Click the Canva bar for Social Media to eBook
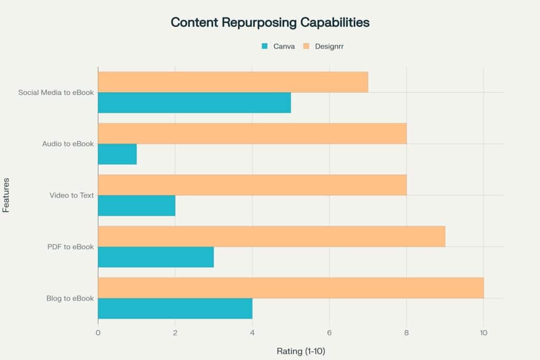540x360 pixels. coord(194,103)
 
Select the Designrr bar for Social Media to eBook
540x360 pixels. coord(233,82)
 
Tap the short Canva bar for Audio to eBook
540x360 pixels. coord(117,154)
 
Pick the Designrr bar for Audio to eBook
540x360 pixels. coord(252,133)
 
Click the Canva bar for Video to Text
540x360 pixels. coord(137,206)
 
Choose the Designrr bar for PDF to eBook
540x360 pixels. coord(271,236)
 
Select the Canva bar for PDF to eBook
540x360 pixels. coord(156,257)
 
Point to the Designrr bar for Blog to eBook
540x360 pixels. coord(291,288)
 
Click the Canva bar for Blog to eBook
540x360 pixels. coord(175,308)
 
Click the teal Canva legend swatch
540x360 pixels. coord(265,46)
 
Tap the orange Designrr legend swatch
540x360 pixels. coord(306,46)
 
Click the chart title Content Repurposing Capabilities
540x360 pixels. coord(270,23)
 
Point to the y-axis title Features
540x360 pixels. coord(6,195)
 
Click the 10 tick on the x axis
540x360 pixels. coord(484,333)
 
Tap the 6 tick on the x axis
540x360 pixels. coord(329,333)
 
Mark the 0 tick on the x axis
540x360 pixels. coord(98,333)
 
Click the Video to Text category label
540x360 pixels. coord(72,195)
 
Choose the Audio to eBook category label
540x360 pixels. coord(68,144)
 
